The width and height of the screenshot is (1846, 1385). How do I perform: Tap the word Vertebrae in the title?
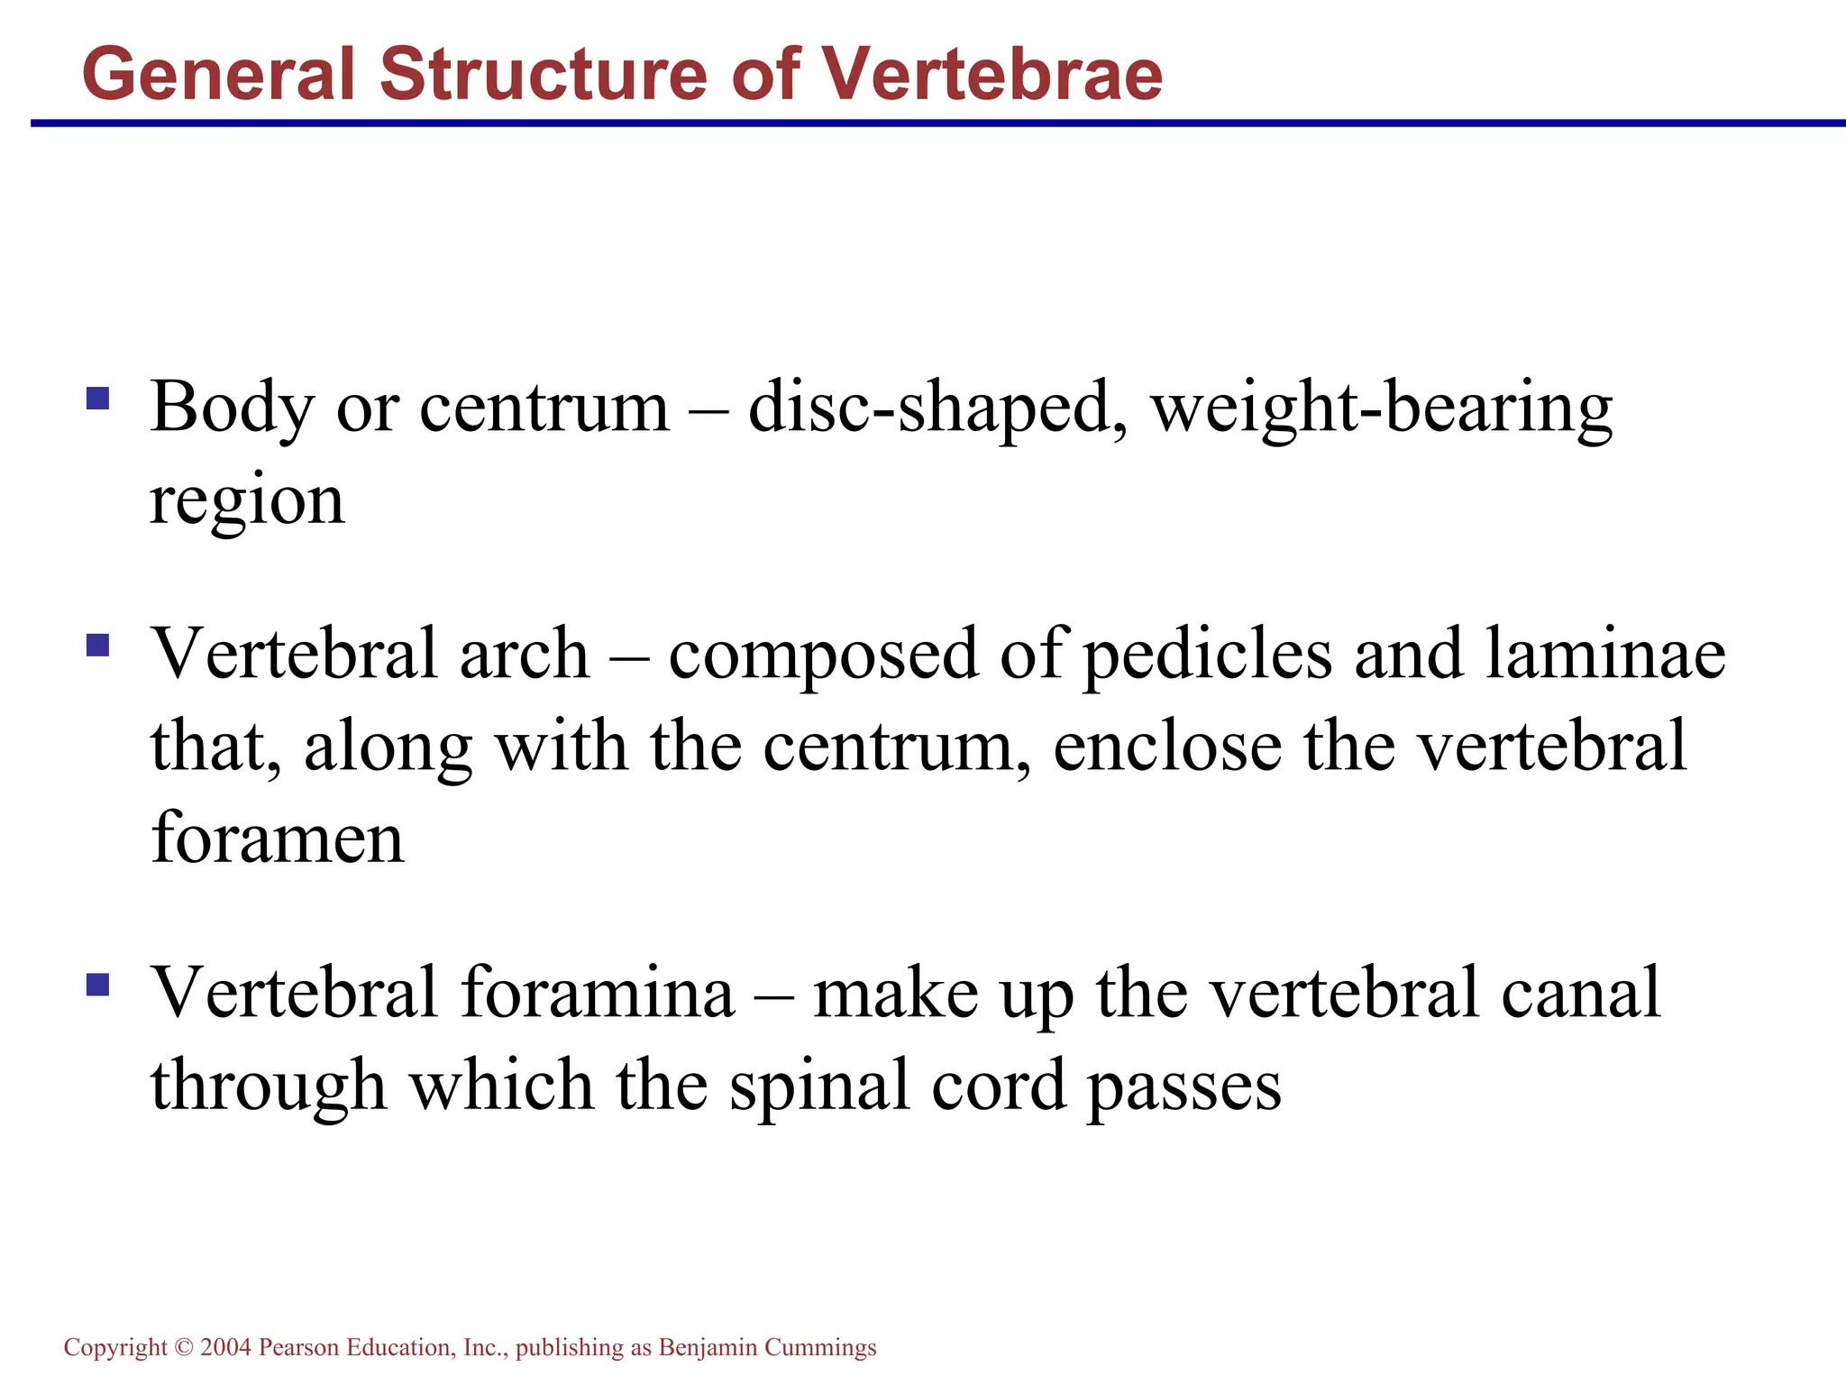tap(992, 74)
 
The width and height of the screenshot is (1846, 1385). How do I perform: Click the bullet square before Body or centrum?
tap(97, 398)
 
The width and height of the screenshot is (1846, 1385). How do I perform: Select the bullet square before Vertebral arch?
tap(97, 645)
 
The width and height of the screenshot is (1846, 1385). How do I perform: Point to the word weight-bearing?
tap(1381, 408)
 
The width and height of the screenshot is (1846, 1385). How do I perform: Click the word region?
tap(246, 501)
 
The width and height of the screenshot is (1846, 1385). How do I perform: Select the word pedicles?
tap(1206, 655)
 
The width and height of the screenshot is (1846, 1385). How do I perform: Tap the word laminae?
tap(1605, 655)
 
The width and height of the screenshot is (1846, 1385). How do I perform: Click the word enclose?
tap(1166, 748)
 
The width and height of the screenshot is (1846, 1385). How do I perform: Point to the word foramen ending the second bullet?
tap(278, 839)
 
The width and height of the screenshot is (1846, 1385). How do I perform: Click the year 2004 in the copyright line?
tap(225, 1347)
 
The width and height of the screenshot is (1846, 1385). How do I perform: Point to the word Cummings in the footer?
tap(819, 1347)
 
